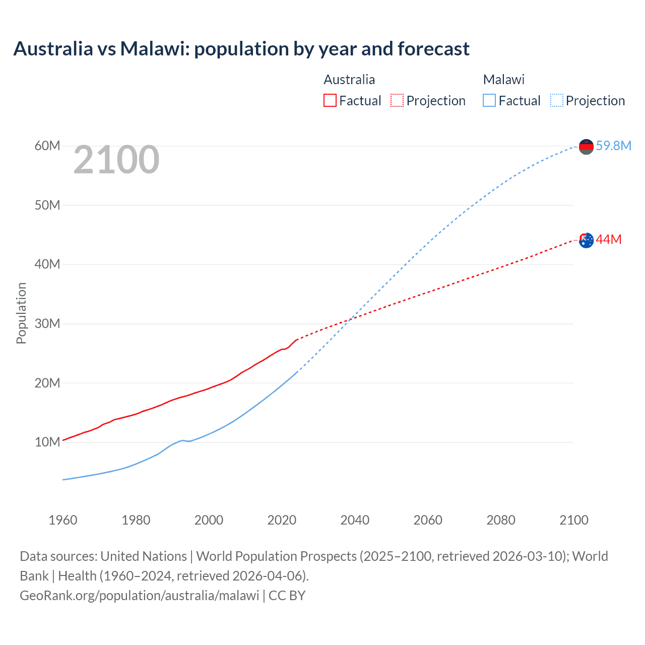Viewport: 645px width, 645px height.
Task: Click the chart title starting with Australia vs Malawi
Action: pos(241,49)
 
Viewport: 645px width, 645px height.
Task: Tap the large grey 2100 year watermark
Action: pos(116,160)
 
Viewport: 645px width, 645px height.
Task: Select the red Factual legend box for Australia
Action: pos(330,101)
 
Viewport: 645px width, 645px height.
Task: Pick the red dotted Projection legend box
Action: pos(397,101)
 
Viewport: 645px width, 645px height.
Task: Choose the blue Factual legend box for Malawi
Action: pos(489,101)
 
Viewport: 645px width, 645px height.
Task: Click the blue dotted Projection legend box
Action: pos(557,101)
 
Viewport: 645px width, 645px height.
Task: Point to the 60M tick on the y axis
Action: pos(47,146)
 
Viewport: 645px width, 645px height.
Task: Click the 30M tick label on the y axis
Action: pos(47,324)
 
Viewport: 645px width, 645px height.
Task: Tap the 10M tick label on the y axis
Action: pos(47,442)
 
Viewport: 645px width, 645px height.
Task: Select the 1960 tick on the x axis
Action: pos(63,520)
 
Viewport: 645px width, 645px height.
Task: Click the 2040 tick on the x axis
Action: pos(355,520)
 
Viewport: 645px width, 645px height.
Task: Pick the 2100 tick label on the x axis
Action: pos(573,520)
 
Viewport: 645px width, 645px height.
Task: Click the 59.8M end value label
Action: pos(613,146)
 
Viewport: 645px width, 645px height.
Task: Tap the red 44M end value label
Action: pos(608,239)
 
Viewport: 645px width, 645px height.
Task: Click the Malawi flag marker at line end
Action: pos(586,147)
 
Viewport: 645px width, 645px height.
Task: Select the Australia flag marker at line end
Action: pos(586,240)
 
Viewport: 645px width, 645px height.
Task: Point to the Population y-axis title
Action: pos(21,313)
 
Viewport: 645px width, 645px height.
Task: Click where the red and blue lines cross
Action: pos(351,319)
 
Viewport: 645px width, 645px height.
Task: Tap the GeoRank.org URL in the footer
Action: pos(139,595)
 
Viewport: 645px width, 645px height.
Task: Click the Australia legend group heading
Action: pos(349,80)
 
